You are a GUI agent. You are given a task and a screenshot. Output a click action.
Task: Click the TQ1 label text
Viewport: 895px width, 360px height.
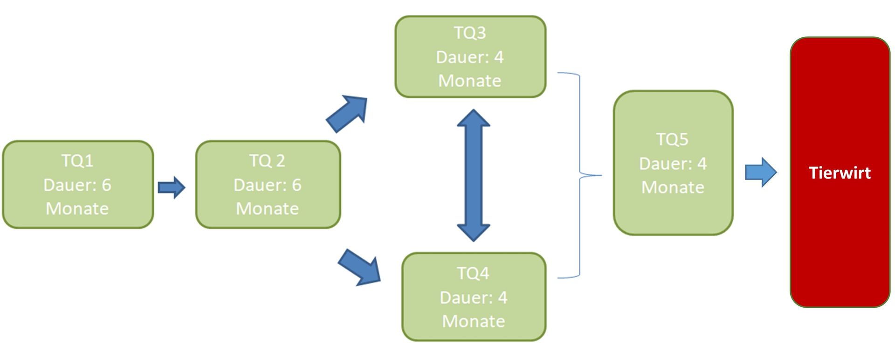77,161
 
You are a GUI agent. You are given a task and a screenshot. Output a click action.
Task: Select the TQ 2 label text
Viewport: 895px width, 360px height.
267,161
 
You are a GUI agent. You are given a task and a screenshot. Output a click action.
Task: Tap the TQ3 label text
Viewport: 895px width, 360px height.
470,33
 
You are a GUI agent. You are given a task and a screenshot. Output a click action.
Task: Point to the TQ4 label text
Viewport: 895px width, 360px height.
473,273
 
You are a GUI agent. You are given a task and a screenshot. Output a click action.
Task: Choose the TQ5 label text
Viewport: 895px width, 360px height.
672,139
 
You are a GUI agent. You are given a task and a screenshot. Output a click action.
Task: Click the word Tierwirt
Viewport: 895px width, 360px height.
840,173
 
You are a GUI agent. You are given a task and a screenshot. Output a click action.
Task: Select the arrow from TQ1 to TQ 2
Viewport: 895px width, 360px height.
172,187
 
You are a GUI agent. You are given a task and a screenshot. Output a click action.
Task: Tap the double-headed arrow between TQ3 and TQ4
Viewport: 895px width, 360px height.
473,175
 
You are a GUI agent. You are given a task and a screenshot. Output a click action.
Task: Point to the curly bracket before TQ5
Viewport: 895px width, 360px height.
579,175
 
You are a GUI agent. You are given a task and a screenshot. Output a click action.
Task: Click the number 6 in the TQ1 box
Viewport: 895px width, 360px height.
107,185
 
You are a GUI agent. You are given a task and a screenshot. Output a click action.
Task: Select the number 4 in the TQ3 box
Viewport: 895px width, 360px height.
499,57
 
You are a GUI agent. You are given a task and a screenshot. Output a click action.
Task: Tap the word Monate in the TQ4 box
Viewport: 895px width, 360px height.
473,321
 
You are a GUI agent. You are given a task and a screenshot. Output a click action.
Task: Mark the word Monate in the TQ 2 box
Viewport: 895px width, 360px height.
267,209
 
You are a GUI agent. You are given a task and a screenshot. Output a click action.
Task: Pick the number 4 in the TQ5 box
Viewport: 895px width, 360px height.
702,164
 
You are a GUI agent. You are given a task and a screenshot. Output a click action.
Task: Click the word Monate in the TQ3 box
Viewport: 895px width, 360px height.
470,81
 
